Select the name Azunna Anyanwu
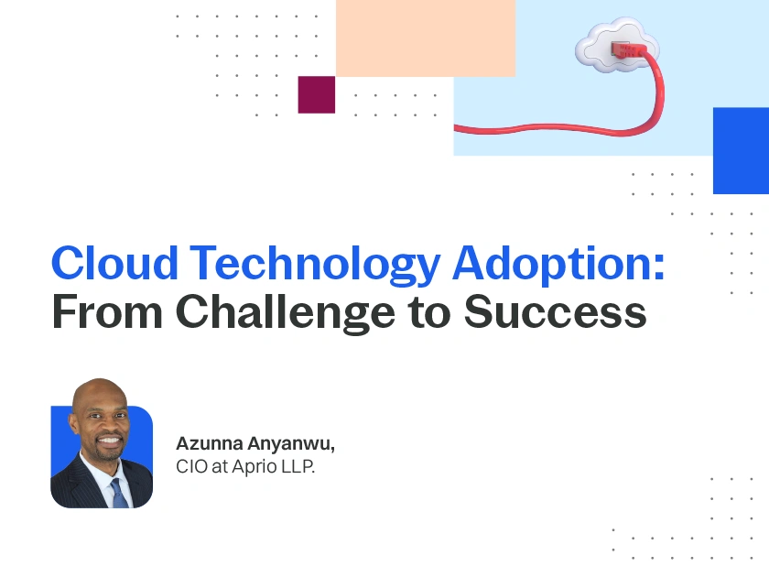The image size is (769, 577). click(x=255, y=444)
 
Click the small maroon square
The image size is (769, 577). click(x=317, y=94)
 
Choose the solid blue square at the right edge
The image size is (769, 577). click(x=741, y=150)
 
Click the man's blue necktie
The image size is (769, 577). click(x=118, y=493)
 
